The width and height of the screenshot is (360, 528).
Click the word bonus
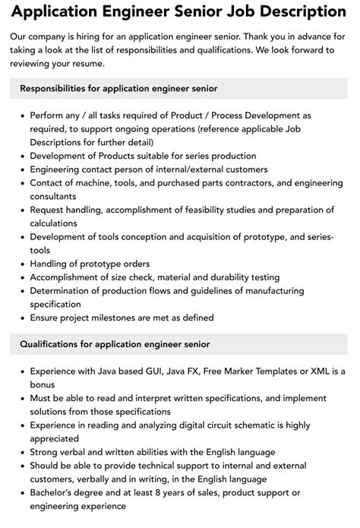[43, 384]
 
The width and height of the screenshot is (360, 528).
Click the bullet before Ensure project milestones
[21, 318]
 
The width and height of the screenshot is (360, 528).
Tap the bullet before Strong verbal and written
[21, 453]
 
